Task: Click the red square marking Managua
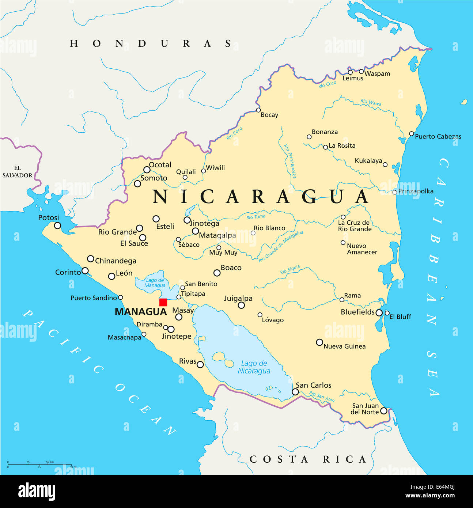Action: (163, 302)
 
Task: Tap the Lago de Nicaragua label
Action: (254, 367)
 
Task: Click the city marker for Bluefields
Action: (379, 313)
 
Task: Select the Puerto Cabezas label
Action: (438, 136)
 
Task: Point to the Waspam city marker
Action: (361, 71)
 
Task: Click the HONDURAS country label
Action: (151, 43)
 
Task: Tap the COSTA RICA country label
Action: (308, 459)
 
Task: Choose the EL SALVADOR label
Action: (18, 172)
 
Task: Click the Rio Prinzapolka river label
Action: (290, 161)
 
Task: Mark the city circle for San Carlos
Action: (295, 392)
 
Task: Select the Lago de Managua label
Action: (155, 283)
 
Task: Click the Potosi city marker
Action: (57, 225)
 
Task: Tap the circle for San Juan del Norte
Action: (384, 411)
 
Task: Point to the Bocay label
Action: (269, 115)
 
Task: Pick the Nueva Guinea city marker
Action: (319, 342)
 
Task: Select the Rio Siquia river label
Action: (290, 270)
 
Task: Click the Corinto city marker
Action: (85, 271)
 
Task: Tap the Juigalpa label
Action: (238, 298)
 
